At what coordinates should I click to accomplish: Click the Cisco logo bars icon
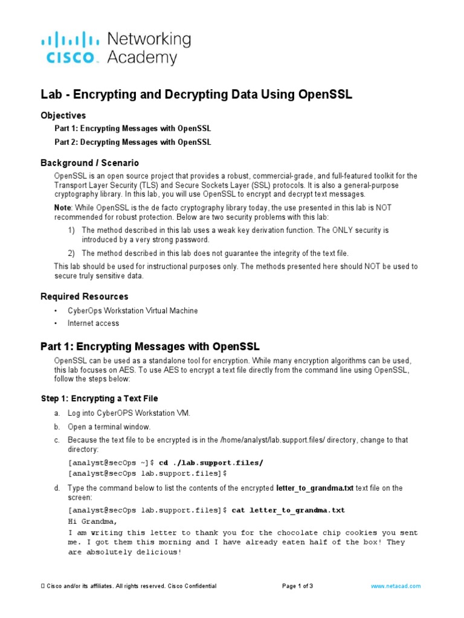69,40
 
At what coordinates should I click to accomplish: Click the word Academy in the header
142,58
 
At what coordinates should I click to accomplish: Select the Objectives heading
63,115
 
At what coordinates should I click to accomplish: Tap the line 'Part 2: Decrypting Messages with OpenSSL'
133,142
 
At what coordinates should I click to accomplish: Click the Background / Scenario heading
89,163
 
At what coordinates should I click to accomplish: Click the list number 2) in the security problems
71,253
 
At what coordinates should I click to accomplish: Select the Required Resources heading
84,296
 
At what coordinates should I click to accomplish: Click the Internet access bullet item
93,323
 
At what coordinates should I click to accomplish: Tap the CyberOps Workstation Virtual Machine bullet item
132,311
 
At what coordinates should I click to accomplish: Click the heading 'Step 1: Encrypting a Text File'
99,398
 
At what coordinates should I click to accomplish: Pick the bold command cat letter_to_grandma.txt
288,510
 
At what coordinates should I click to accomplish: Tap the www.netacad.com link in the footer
396,586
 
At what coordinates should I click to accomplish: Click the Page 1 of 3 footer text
297,586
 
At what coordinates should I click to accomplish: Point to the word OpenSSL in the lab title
320,95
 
